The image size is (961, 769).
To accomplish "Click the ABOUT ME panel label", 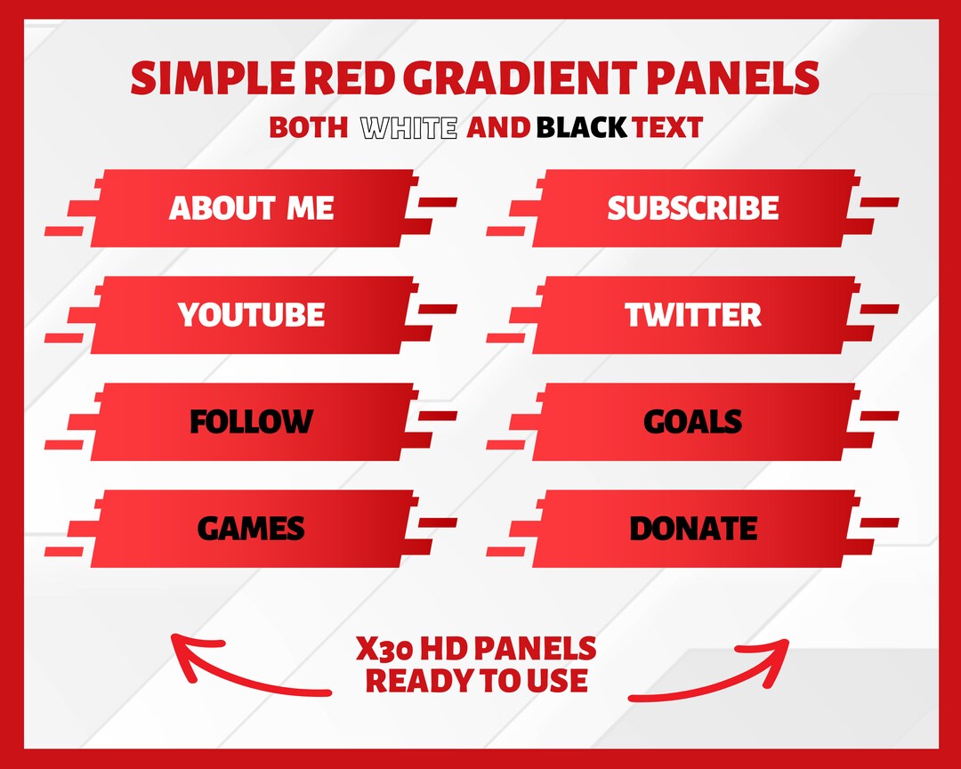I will pyautogui.click(x=252, y=208).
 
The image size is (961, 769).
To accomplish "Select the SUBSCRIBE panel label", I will pyautogui.click(x=693, y=208).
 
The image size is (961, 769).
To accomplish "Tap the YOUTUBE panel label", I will pyautogui.click(x=252, y=315).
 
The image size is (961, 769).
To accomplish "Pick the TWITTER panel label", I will pyautogui.click(x=693, y=315).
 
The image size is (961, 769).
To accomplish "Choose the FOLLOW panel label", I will pyautogui.click(x=252, y=422).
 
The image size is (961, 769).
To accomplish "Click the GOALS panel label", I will pyautogui.click(x=693, y=422).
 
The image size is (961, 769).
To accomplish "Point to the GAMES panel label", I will pyautogui.click(x=252, y=529).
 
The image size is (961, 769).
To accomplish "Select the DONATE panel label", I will pyautogui.click(x=693, y=529).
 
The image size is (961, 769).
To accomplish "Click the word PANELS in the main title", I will pyautogui.click(x=732, y=79).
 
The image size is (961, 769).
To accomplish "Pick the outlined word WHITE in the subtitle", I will pyautogui.click(x=408, y=128).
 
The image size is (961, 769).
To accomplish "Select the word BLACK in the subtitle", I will pyautogui.click(x=581, y=128).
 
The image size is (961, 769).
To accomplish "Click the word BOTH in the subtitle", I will pyautogui.click(x=308, y=128).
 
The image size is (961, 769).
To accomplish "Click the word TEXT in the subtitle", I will pyautogui.click(x=667, y=128).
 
